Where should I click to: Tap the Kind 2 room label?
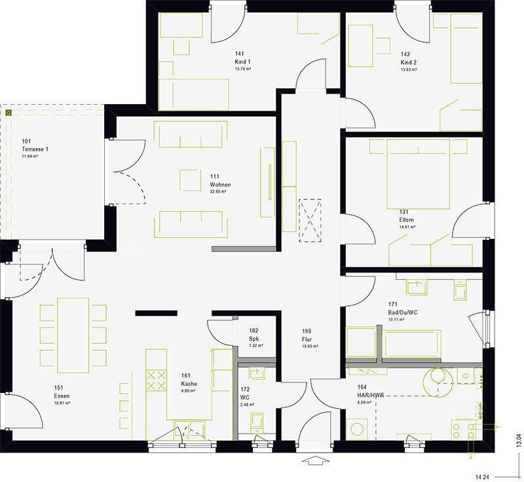409,62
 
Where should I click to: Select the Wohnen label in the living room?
219,185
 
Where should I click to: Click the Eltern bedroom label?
407,220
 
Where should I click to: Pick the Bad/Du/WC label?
403,312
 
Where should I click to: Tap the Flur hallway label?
306,339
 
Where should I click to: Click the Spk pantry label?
254,339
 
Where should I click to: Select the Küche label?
189,384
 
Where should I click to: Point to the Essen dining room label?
62,396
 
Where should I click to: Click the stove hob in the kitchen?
156,380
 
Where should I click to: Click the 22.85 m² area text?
218,192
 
